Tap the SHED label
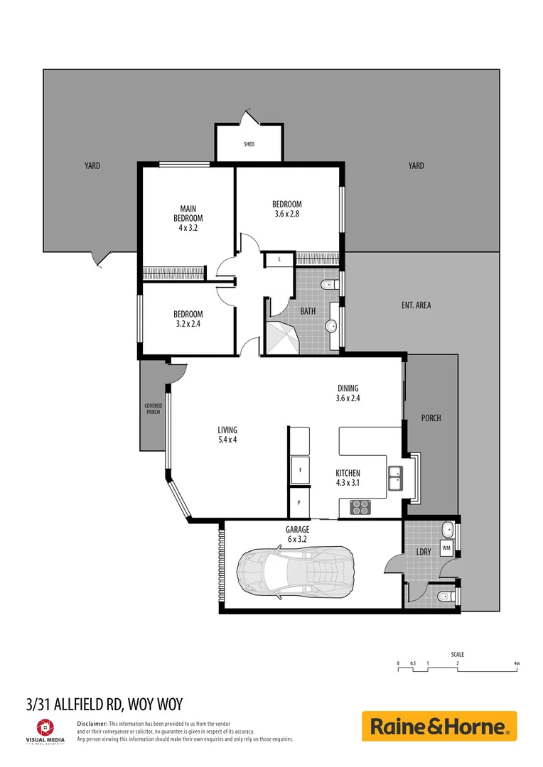point(249,144)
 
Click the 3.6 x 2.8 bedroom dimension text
point(286,214)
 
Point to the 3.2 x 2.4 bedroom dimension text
point(188,324)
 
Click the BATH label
point(307,311)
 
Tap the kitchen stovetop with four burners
point(360,507)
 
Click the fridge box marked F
point(300,470)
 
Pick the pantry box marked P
point(299,503)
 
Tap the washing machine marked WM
point(446,548)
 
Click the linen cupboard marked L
point(280,260)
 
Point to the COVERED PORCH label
point(153,409)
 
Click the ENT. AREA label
point(416,305)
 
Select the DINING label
point(348,388)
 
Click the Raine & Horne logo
point(439,727)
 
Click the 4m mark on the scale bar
point(517,663)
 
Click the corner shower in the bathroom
point(282,337)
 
